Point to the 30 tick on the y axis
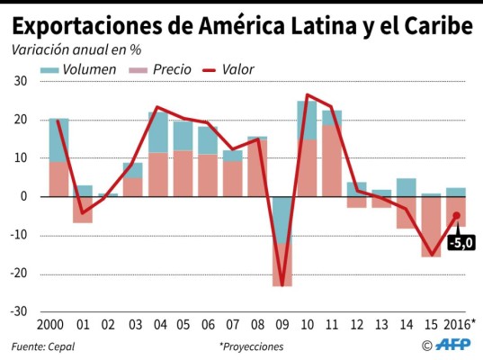pos(21,81)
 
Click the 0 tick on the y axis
pos(24,196)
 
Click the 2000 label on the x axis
pos(57,323)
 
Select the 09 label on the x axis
pos(282,323)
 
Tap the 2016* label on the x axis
pos(461,323)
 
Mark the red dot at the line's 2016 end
pos(456,215)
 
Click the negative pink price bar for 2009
pos(282,265)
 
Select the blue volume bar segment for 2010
pos(307,120)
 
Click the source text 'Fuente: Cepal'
pos(43,346)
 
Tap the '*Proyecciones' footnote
pos(251,346)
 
